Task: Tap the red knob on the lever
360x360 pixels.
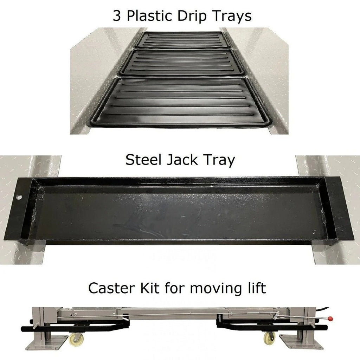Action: (330, 319)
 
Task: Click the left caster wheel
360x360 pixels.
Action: (76, 339)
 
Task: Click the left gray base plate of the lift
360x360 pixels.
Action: (47, 343)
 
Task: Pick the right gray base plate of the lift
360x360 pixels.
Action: (301, 342)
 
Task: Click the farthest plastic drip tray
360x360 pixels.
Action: (183, 40)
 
